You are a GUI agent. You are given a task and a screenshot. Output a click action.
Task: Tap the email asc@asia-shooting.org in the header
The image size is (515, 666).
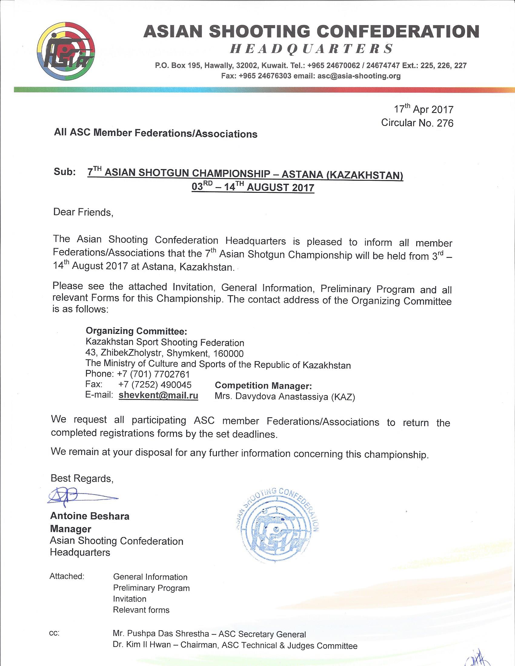359,76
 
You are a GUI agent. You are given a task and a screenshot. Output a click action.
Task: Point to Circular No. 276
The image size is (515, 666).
417,123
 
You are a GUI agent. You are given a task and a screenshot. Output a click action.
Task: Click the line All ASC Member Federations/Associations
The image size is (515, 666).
155,133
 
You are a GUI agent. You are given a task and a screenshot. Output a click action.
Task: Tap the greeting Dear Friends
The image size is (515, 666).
83,212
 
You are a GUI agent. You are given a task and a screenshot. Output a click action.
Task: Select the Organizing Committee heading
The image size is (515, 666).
136,331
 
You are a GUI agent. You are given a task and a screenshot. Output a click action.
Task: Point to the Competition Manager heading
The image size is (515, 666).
263,386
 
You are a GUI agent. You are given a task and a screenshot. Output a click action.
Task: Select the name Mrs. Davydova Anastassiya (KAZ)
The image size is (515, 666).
285,397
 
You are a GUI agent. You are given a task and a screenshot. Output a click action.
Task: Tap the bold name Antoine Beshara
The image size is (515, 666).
90,516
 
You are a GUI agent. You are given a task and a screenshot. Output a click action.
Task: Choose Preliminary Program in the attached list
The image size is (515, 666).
151,588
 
